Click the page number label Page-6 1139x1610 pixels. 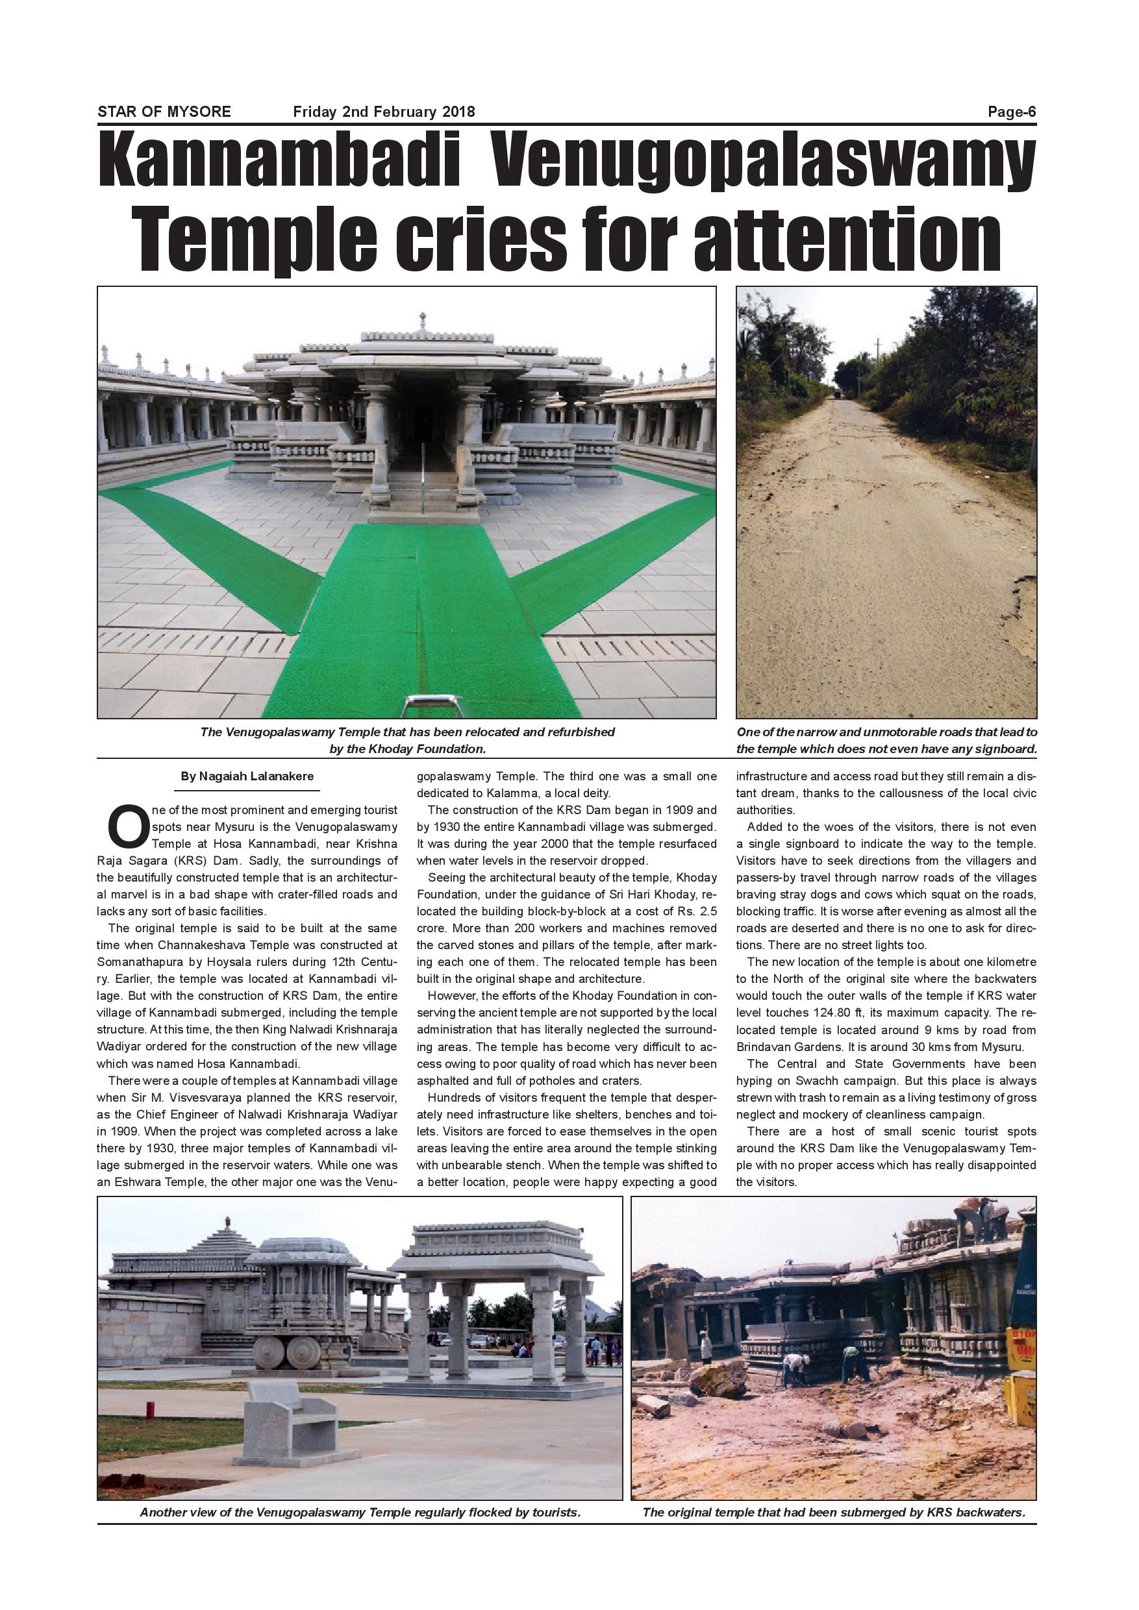click(x=1011, y=112)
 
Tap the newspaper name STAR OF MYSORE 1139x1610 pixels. click(x=164, y=112)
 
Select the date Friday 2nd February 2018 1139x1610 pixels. click(x=384, y=112)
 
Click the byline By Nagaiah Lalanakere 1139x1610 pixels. click(x=247, y=776)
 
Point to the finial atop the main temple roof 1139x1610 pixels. click(x=421, y=321)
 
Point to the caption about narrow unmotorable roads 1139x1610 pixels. click(x=886, y=740)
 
